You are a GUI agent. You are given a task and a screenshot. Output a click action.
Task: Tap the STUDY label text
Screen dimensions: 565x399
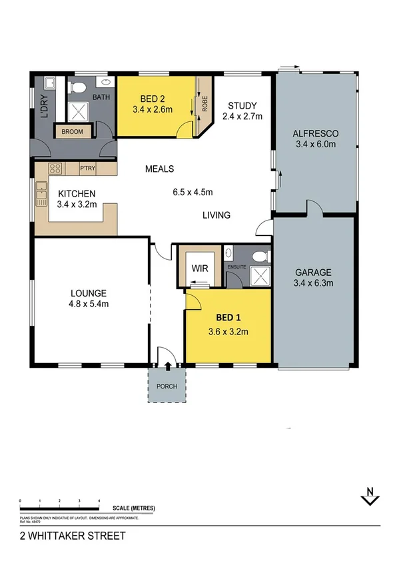pyautogui.click(x=241, y=105)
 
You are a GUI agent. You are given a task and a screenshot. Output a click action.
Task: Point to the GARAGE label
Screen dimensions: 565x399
pyautogui.click(x=313, y=272)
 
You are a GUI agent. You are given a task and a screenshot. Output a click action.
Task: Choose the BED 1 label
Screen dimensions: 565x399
pyautogui.click(x=228, y=317)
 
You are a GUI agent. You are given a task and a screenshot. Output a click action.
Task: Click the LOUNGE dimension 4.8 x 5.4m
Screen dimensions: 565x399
pyautogui.click(x=89, y=304)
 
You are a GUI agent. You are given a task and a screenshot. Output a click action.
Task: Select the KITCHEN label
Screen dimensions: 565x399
pyautogui.click(x=77, y=194)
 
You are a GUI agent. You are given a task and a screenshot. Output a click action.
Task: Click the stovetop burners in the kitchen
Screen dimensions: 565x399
pyautogui.click(x=55, y=169)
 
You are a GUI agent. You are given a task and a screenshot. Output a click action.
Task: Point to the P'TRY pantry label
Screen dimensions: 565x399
pyautogui.click(x=88, y=169)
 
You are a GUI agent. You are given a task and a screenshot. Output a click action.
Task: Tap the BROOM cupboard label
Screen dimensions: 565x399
pyautogui.click(x=72, y=132)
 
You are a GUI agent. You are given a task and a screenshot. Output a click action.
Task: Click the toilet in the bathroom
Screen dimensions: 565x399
pyautogui.click(x=78, y=86)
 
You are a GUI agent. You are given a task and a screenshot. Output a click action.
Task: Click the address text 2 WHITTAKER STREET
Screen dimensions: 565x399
pyautogui.click(x=63, y=535)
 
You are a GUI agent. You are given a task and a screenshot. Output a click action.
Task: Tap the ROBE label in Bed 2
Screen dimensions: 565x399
pyautogui.click(x=206, y=104)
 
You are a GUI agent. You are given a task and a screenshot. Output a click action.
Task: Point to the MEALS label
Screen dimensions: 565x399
pyautogui.click(x=160, y=169)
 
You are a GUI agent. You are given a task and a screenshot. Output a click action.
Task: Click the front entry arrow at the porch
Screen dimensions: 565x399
pyautogui.click(x=167, y=365)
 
